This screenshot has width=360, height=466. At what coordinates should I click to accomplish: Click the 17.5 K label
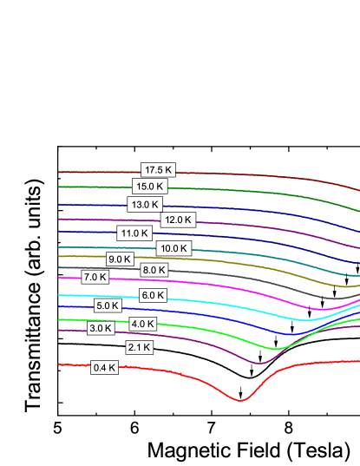click(159, 170)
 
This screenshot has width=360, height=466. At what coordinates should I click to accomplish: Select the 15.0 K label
click(148, 187)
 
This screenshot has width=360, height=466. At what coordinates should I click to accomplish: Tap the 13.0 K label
click(144, 205)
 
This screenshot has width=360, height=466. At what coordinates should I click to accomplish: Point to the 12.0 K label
click(178, 220)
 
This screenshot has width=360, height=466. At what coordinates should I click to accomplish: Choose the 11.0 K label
click(134, 233)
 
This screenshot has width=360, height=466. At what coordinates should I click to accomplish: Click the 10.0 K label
click(173, 249)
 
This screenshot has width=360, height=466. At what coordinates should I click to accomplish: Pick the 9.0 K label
click(119, 259)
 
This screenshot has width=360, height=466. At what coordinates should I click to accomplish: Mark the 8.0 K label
click(154, 271)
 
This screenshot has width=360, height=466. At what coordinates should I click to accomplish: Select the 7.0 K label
click(95, 277)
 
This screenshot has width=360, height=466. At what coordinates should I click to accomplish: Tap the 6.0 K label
click(153, 296)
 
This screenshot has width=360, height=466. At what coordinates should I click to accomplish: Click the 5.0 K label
click(108, 305)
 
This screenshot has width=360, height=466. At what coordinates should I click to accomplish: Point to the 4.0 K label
click(142, 324)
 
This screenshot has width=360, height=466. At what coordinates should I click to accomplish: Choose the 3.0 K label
click(101, 328)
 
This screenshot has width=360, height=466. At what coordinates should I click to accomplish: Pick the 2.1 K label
click(139, 347)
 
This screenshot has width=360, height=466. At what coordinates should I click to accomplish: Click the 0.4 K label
click(104, 368)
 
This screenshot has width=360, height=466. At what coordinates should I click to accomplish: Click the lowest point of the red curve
click(241, 400)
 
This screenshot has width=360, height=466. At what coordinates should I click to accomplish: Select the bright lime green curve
click(217, 334)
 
